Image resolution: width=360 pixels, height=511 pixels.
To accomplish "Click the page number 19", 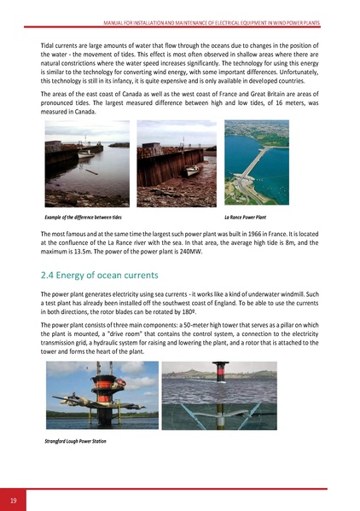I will [15, 498].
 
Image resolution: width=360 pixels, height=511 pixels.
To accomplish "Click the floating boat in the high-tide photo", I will [84, 154].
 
